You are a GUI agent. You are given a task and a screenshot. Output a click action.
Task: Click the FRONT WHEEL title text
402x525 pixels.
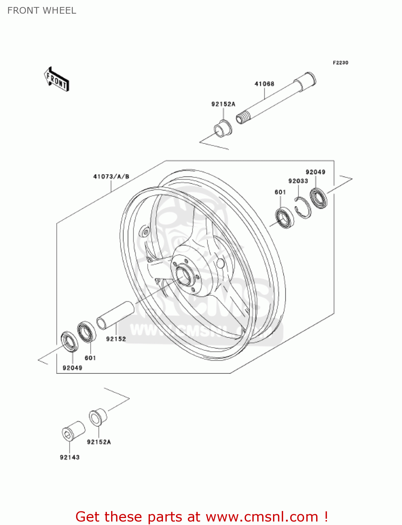(42, 10)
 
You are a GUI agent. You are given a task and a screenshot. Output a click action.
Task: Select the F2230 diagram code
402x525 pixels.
(340, 63)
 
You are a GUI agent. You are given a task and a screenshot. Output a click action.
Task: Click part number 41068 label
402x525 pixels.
(264, 84)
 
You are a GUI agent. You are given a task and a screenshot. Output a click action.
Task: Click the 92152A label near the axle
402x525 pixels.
(223, 104)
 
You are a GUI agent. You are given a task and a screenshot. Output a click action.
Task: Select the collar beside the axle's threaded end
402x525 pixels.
(223, 128)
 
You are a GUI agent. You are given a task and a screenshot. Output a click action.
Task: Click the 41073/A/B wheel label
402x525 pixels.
(111, 177)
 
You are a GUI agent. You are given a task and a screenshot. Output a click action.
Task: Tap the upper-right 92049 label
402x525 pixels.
(315, 172)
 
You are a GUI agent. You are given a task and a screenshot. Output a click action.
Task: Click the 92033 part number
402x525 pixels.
(298, 181)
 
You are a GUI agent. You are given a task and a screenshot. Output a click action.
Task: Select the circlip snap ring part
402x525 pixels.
(302, 208)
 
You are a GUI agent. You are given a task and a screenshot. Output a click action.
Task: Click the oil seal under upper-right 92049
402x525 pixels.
(319, 198)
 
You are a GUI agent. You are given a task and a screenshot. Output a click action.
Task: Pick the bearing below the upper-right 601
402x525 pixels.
(284, 217)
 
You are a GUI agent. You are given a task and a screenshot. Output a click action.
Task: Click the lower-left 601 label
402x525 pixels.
(90, 358)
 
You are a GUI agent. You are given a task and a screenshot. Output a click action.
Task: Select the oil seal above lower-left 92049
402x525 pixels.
(70, 341)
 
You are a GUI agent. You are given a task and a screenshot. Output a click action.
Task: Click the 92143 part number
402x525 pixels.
(70, 457)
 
